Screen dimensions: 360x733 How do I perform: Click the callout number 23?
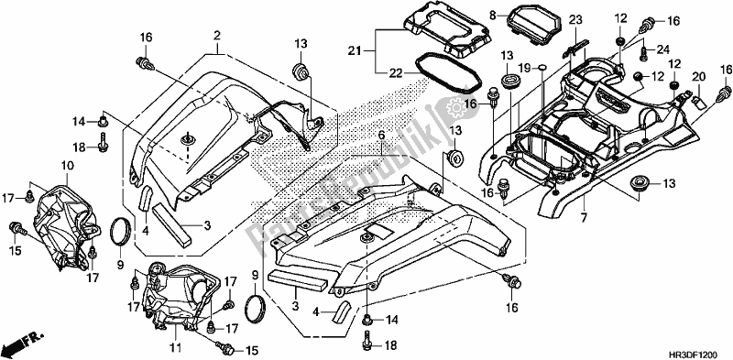click(575, 20)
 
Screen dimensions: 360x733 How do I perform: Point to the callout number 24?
click(663, 50)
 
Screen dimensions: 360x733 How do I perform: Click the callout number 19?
click(525, 68)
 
